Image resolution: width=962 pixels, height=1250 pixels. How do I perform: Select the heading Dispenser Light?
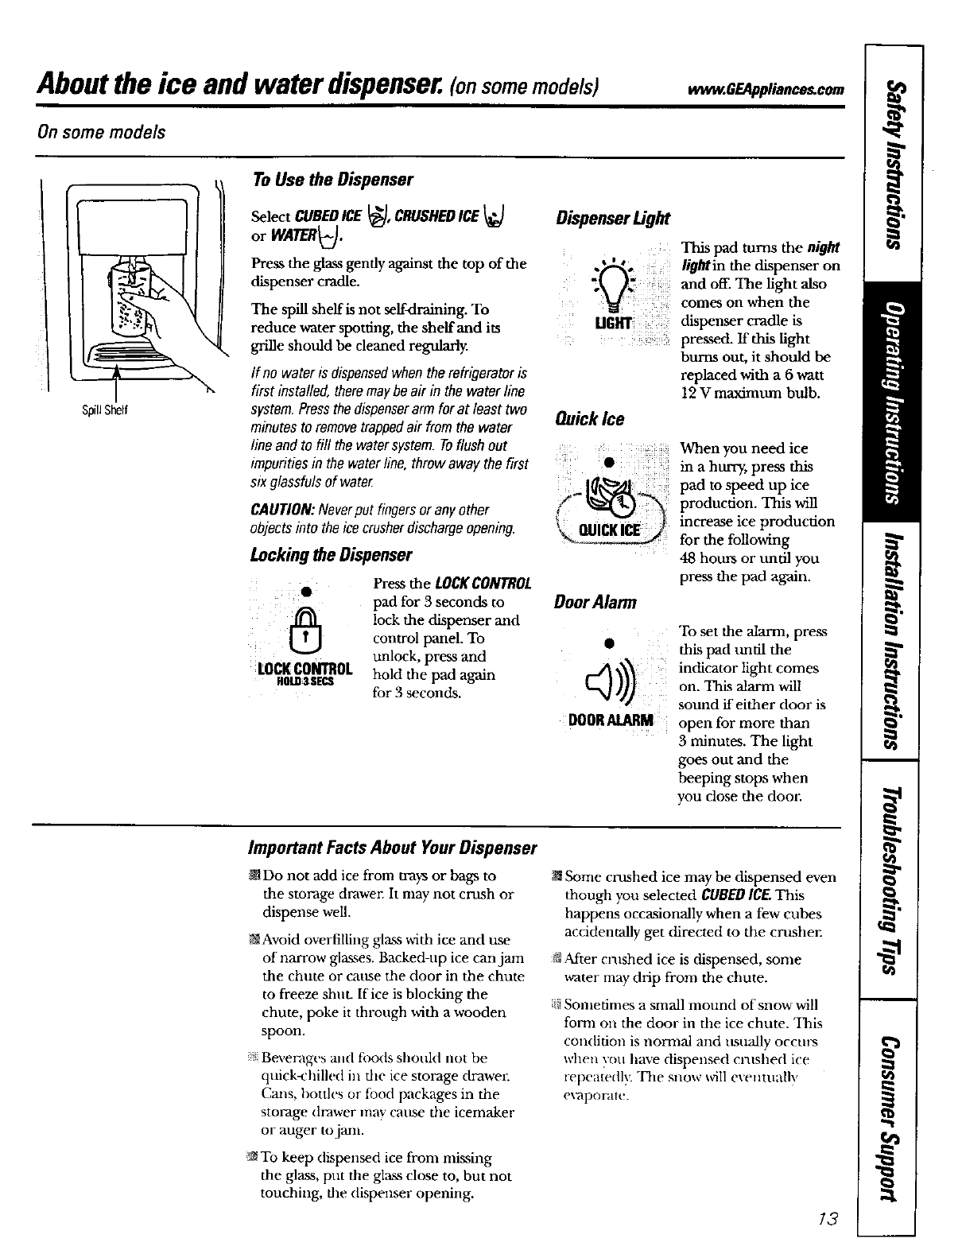pyautogui.click(x=612, y=218)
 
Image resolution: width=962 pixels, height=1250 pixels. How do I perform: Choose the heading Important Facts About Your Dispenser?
pyautogui.click(x=394, y=848)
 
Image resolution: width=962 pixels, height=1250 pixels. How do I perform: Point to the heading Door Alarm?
pyautogui.click(x=595, y=602)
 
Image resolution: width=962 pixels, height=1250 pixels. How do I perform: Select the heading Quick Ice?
pyautogui.click(x=589, y=418)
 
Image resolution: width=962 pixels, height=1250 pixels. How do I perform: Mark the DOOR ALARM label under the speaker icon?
pyautogui.click(x=611, y=720)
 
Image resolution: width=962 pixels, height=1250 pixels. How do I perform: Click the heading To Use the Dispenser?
pyautogui.click(x=332, y=179)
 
